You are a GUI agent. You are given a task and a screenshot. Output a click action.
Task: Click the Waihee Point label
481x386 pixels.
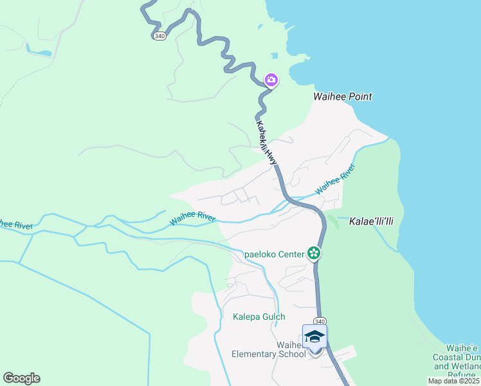pyautogui.click(x=342, y=97)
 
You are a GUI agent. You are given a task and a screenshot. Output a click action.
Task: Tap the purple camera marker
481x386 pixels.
pyautogui.click(x=271, y=80)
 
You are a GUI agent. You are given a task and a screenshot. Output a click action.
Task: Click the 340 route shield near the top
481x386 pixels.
pyautogui.click(x=159, y=36)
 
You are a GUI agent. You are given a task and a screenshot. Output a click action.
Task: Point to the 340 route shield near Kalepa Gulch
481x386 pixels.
pyautogui.click(x=320, y=321)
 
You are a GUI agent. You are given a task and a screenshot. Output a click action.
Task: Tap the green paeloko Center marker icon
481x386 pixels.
pyautogui.click(x=314, y=253)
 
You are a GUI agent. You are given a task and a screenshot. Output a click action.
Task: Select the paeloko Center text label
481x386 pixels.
pyautogui.click(x=275, y=254)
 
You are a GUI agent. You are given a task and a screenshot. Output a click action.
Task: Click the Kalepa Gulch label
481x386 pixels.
pyautogui.click(x=259, y=317)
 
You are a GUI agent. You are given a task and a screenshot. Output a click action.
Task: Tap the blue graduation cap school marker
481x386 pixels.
pyautogui.click(x=314, y=336)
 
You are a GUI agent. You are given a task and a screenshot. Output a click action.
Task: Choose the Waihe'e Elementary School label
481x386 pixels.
pyautogui.click(x=269, y=349)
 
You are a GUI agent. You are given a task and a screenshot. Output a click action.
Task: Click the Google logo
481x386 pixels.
pyautogui.click(x=21, y=378)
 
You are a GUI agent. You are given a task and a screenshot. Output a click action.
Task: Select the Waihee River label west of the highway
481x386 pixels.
pyautogui.click(x=192, y=218)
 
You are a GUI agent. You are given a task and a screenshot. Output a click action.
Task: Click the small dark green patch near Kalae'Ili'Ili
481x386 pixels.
pyautogui.click(x=333, y=222)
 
